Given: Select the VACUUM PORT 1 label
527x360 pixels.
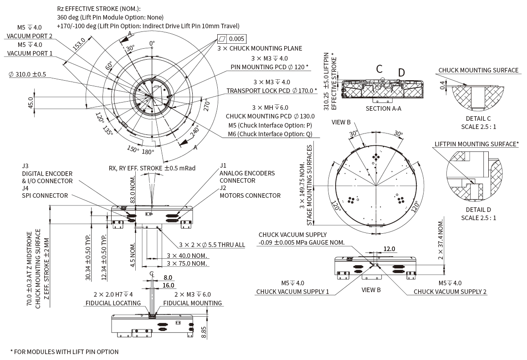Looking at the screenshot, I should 30,53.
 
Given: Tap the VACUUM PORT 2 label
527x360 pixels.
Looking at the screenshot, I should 30,36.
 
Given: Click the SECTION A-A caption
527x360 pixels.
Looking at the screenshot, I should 384,108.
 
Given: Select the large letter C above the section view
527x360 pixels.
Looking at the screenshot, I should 379,69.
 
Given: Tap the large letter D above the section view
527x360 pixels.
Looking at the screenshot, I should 401,72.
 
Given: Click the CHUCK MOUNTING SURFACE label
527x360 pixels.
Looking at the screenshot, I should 478,70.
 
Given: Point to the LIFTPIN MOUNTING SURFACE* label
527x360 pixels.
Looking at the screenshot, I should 476,144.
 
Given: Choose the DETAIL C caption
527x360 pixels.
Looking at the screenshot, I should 478,118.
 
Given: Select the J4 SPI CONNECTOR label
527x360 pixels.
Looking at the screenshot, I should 45,191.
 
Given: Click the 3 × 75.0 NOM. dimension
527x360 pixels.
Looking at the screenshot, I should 187,263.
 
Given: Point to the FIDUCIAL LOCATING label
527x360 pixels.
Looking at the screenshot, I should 113,303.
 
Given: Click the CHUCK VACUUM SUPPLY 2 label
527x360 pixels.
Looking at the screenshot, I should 450,291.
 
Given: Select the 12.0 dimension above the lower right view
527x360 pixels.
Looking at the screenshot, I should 389,249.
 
